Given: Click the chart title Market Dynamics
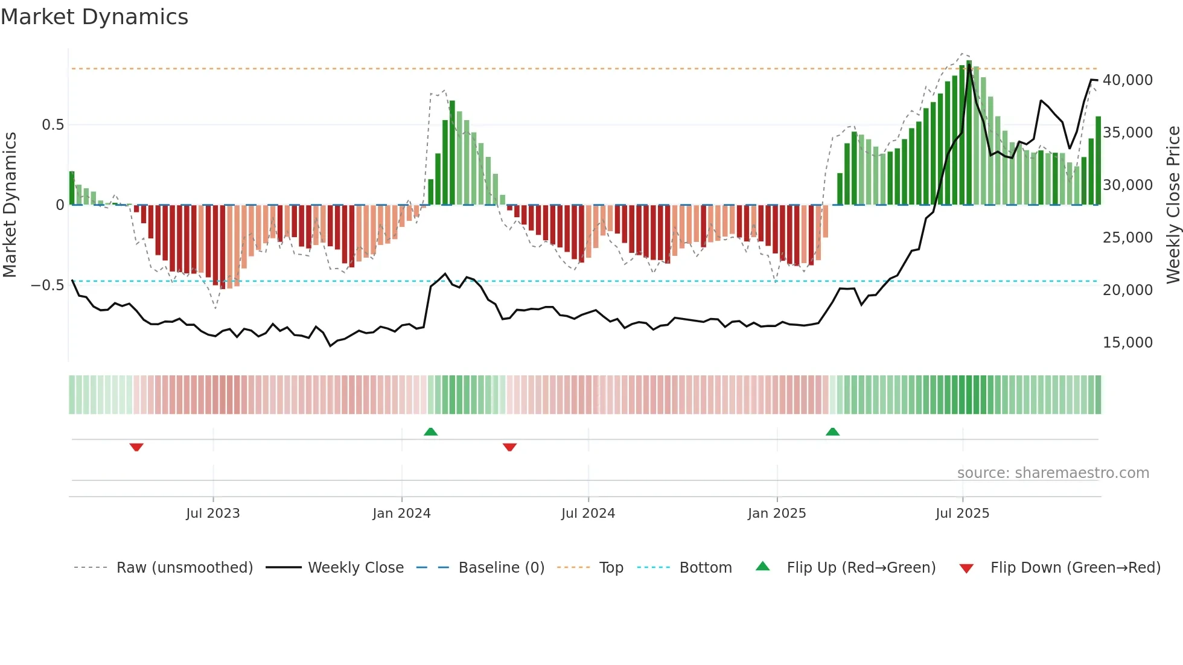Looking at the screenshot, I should click(x=95, y=17).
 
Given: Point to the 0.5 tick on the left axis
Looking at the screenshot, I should click(x=53, y=125).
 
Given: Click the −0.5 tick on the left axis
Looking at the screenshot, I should click(x=47, y=285).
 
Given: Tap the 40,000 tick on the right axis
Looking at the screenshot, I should click(x=1127, y=80).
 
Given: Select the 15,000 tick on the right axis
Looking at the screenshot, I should click(x=1127, y=343).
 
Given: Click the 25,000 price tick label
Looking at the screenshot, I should click(x=1127, y=238).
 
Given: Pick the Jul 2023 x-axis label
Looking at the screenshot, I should click(x=213, y=514).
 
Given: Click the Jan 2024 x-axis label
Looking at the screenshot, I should click(x=401, y=514).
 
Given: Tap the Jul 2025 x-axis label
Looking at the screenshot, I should click(x=962, y=514).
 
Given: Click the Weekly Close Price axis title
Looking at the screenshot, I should click(x=1173, y=205).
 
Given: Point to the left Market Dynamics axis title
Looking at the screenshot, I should click(x=10, y=205).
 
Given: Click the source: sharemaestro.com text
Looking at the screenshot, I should click(x=1053, y=473).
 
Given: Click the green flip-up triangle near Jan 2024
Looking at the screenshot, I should click(x=430, y=432).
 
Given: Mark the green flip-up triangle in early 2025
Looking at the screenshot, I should click(x=832, y=432).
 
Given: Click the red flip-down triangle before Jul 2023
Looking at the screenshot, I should click(x=136, y=447).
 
